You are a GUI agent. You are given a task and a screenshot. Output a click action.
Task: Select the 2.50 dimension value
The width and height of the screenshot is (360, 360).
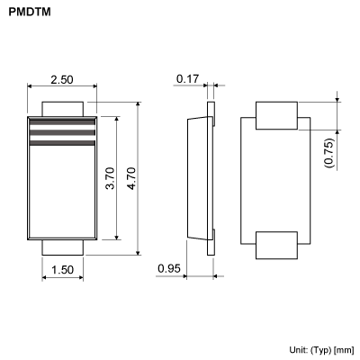(x=61, y=80)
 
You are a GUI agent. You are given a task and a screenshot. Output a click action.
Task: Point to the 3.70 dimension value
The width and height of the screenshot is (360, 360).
(x=110, y=178)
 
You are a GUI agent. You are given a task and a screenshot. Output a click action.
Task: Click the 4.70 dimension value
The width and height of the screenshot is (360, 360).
(x=131, y=178)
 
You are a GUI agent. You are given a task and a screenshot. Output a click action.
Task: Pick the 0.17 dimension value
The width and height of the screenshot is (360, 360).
(x=187, y=79)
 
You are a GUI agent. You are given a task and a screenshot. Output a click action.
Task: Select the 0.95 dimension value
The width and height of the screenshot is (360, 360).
(x=168, y=269)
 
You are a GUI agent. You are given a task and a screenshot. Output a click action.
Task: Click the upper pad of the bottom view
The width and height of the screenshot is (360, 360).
(x=277, y=115)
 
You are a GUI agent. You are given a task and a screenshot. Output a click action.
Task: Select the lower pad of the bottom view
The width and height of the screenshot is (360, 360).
(x=277, y=244)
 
